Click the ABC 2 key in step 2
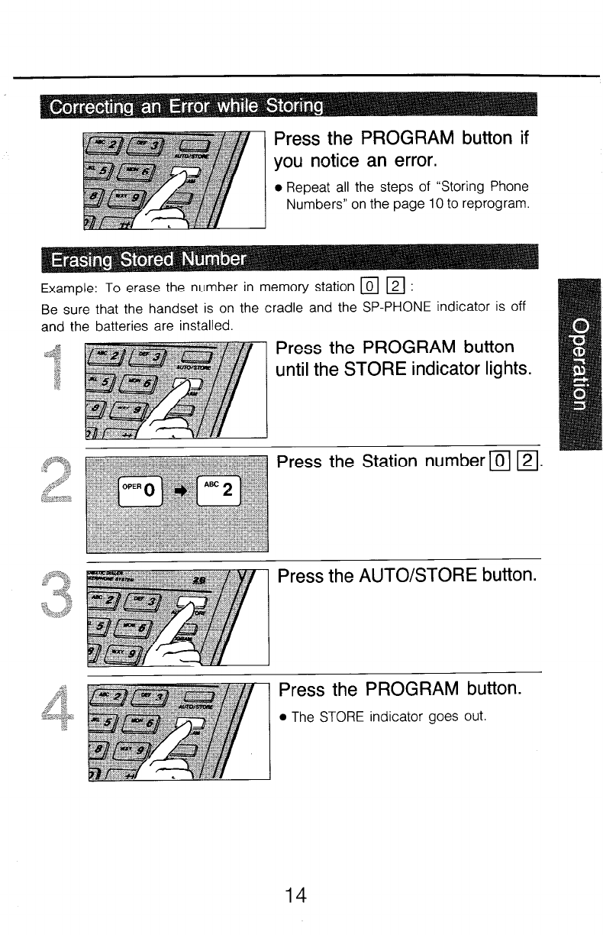(x=219, y=487)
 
